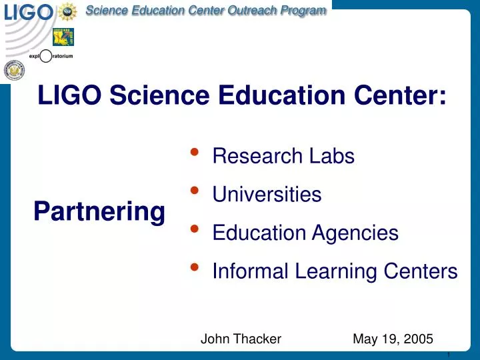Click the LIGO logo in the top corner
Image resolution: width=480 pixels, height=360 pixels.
tap(27, 12)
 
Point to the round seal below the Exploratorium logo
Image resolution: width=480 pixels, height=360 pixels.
tap(13, 69)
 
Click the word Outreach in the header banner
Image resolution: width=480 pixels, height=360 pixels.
tap(239, 10)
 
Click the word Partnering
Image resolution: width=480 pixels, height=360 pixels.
tap(99, 212)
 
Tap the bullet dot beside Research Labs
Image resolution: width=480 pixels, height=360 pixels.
tap(194, 152)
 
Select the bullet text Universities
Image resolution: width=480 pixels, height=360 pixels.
tap(267, 195)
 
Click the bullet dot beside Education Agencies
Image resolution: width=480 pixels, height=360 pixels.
tap(194, 229)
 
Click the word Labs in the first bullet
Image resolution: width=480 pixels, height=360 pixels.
tap(332, 157)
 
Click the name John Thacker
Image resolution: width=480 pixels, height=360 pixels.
tap(241, 339)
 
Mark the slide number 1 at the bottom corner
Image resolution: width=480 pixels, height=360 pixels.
tap(451, 354)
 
